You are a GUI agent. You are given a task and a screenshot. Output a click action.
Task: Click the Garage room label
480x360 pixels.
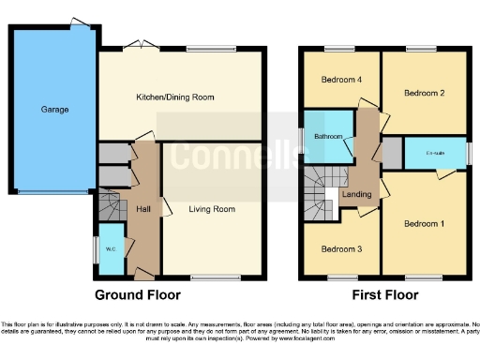pos(54,110)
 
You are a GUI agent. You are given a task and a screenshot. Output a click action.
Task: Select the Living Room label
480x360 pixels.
pos(212,209)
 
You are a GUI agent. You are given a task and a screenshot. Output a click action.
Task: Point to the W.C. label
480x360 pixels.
pos(111,249)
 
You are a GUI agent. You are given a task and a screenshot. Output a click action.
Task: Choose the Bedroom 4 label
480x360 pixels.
pos(340,80)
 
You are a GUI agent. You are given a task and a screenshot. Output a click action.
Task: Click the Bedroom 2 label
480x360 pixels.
pos(424,93)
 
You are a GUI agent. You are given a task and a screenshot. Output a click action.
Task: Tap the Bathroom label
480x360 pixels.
pos(329,137)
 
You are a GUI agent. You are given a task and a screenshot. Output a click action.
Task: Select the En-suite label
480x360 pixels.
pos(435,152)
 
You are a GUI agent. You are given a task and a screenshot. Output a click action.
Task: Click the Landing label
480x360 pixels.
pos(357,194)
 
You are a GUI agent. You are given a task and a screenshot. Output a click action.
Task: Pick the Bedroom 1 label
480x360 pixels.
pos(424,224)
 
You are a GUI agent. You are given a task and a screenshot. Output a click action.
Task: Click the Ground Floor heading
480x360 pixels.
pos(137,294)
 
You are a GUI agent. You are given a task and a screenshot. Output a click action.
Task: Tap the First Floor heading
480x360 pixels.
pos(384,294)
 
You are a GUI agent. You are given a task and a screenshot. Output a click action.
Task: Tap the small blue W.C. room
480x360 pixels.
pos(111,251)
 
